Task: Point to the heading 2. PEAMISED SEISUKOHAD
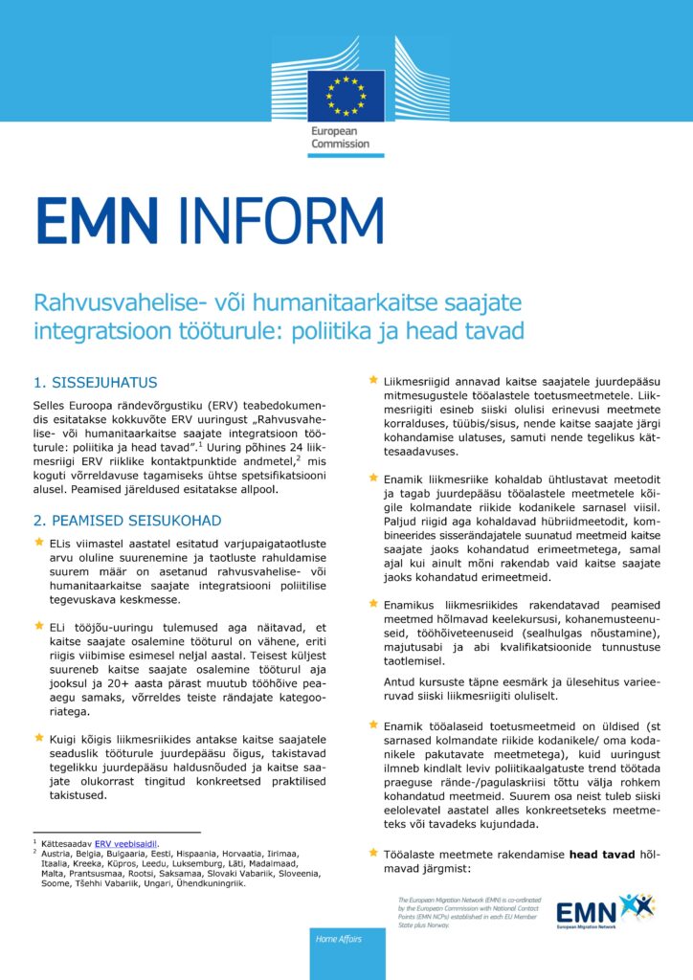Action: (x=127, y=521)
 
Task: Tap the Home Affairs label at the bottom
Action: (x=340, y=940)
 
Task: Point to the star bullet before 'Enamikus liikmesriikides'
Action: (x=374, y=605)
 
